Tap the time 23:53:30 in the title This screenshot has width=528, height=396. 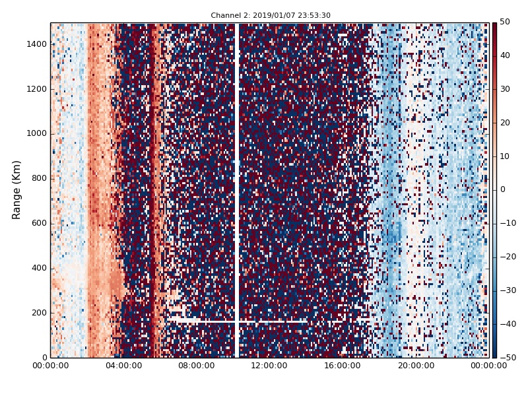pos(315,15)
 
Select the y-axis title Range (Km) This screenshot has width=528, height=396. pos(16,189)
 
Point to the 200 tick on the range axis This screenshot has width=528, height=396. pos(38,313)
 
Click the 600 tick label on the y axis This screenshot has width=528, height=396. pos(38,223)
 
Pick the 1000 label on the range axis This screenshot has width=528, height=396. pos(36,133)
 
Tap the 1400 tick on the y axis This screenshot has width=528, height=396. pos(36,44)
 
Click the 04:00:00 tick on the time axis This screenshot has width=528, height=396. pos(123,366)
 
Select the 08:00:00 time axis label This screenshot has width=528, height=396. pos(196,366)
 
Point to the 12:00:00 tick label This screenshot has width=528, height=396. pos(269,366)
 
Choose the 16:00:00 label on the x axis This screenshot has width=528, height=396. pos(342,366)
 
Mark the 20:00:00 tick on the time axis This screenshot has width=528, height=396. pos(415,366)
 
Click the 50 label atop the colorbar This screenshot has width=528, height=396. pos(505,22)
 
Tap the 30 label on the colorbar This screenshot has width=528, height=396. pos(505,89)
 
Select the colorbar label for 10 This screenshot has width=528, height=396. pos(505,156)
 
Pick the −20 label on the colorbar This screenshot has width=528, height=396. pos(507,257)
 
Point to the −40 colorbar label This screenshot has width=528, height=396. pos(507,324)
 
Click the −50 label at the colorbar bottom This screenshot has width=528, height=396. pos(507,357)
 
